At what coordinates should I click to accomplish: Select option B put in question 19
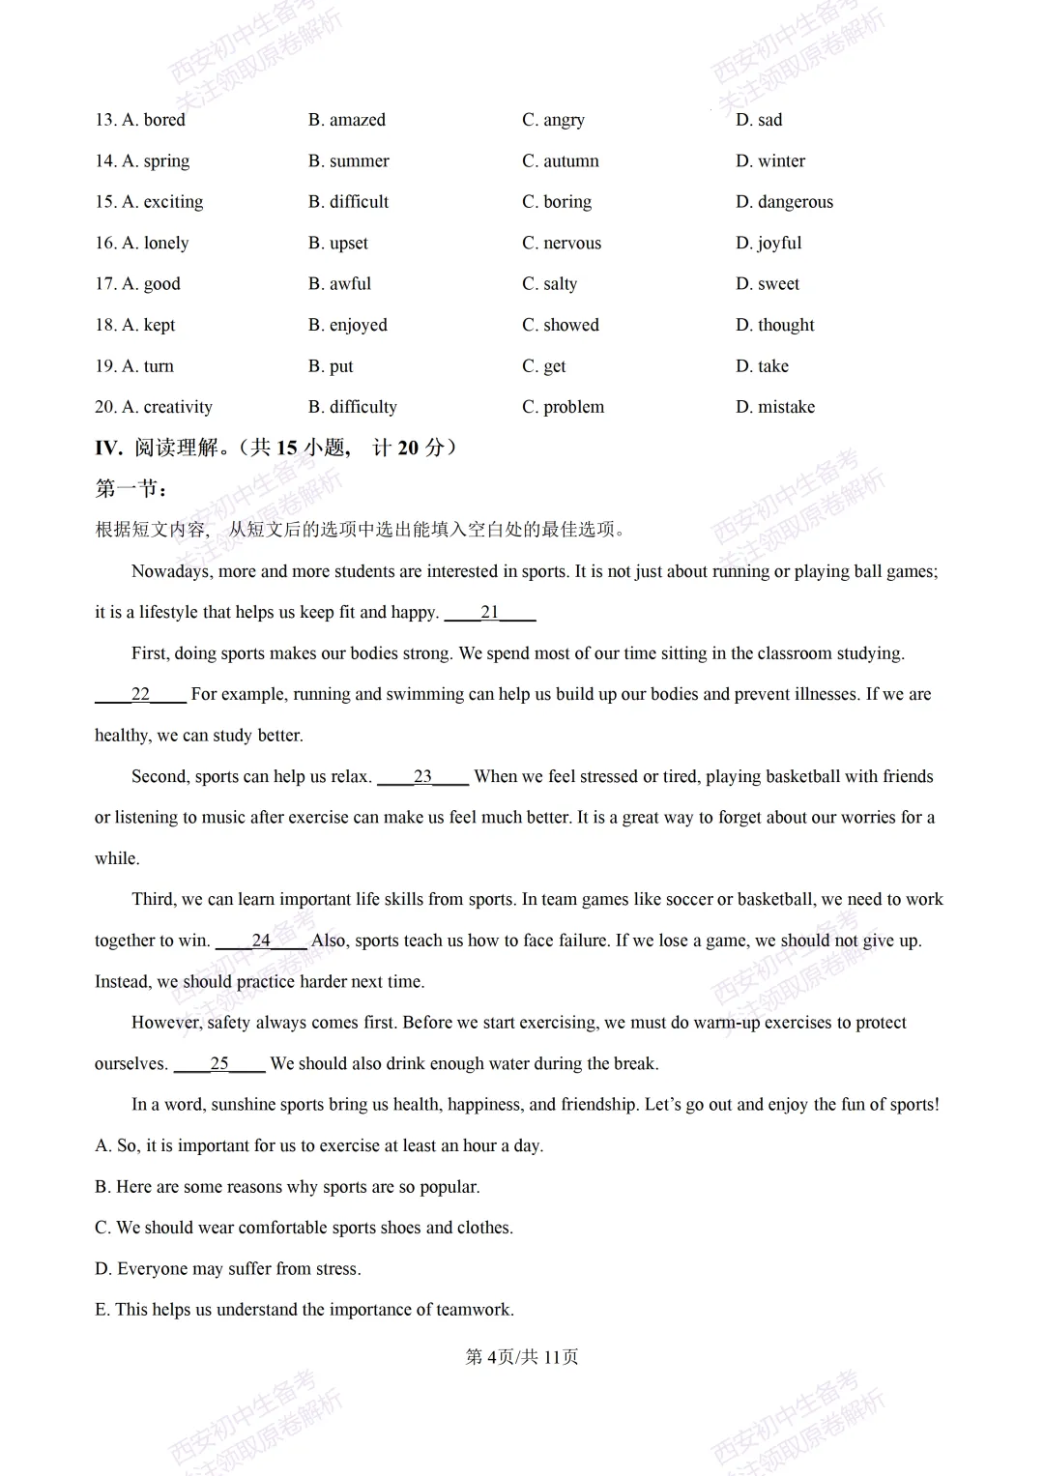coord(331,366)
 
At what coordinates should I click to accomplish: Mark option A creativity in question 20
coord(154,407)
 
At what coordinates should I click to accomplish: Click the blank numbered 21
coord(490,613)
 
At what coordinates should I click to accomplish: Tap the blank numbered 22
coord(140,695)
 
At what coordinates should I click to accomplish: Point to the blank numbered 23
coord(422,777)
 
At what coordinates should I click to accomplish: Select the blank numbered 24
coord(261,941)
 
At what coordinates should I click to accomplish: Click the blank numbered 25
coord(219,1064)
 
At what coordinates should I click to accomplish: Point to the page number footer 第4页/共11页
coord(522,1357)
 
